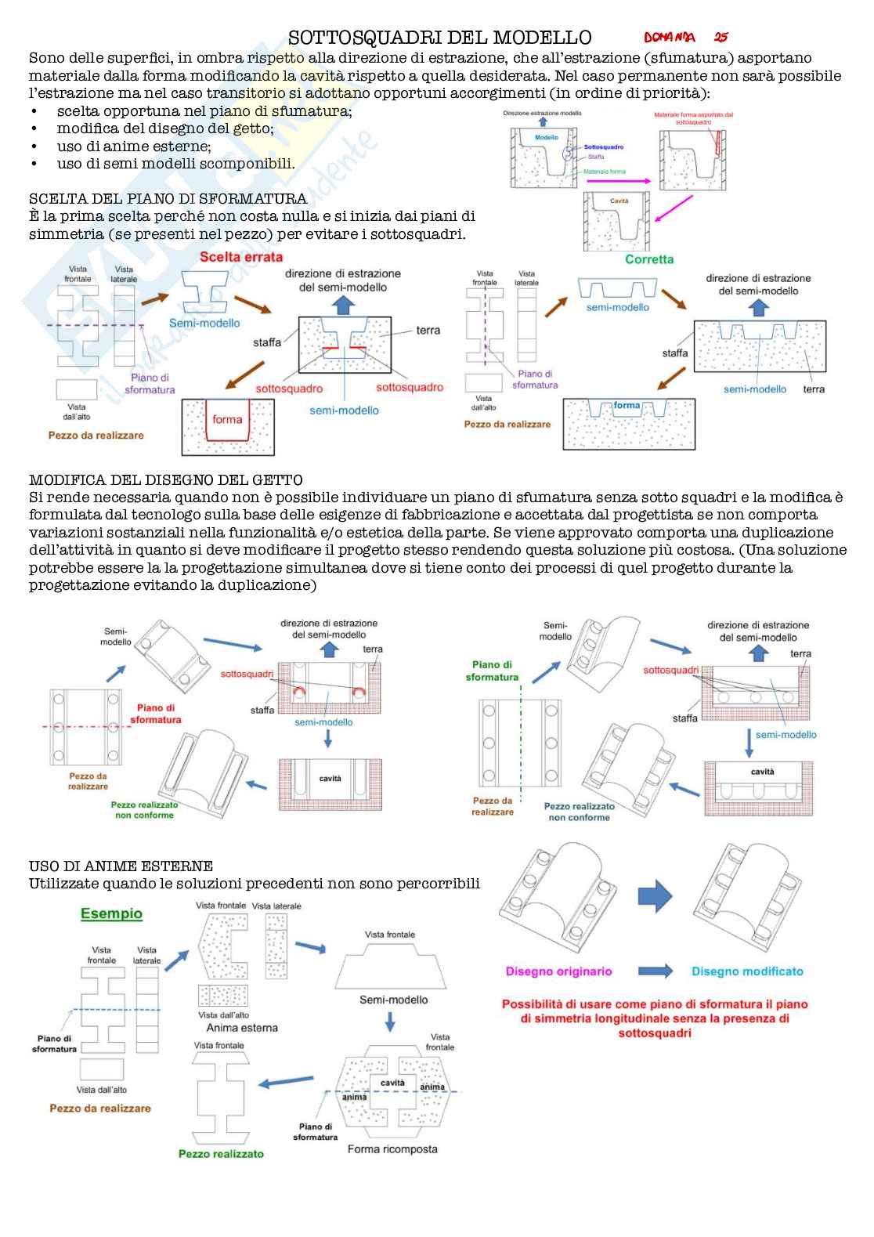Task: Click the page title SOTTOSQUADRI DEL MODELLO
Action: [x=439, y=38]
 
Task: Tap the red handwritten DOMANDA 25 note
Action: [x=686, y=37]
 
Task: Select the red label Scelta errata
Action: [x=240, y=257]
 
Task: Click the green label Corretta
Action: [x=648, y=259]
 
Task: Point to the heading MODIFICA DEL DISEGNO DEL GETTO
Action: [x=165, y=479]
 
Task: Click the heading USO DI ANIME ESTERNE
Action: [x=121, y=866]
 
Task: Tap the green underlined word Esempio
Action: [x=111, y=913]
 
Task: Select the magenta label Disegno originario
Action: [x=558, y=971]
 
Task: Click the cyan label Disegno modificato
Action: [x=747, y=971]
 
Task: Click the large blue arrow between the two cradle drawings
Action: [x=654, y=895]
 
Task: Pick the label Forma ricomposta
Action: [x=392, y=1149]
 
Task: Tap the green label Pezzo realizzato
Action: [x=221, y=1154]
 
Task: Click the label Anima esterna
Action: [x=241, y=1028]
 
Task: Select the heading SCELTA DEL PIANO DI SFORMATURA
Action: [x=168, y=198]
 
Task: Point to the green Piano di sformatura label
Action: [x=492, y=671]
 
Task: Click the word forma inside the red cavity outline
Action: [x=227, y=419]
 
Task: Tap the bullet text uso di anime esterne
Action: [x=133, y=146]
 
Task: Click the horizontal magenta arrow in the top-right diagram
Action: [x=619, y=181]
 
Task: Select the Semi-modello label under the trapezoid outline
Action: [x=393, y=1000]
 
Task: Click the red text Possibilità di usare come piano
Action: [x=655, y=1004]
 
